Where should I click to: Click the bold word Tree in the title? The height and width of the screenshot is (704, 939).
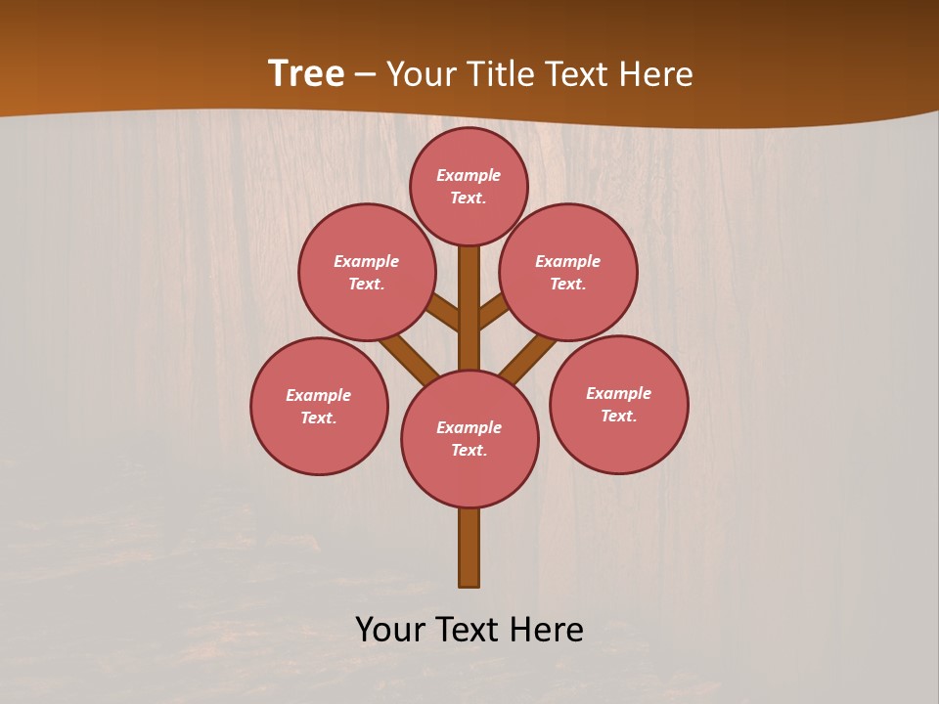click(x=306, y=73)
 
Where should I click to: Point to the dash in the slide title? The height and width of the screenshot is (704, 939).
click(x=366, y=74)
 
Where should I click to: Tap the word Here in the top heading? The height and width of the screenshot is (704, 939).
click(x=656, y=74)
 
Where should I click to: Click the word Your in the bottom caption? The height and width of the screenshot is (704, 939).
click(x=390, y=630)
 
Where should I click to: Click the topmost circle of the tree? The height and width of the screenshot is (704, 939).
click(x=469, y=187)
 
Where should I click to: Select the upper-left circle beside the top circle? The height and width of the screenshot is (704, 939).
click(x=367, y=272)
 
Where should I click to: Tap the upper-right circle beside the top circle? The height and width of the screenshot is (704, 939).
click(x=568, y=272)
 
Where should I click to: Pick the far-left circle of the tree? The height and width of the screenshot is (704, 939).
click(x=319, y=406)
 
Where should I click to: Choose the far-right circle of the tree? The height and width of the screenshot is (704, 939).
click(x=618, y=405)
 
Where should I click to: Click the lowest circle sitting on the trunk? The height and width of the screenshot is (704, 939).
click(x=469, y=439)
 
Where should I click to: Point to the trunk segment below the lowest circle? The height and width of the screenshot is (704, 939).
click(x=469, y=548)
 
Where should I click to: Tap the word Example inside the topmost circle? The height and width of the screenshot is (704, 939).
click(x=469, y=175)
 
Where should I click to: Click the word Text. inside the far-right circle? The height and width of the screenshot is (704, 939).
click(x=618, y=416)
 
